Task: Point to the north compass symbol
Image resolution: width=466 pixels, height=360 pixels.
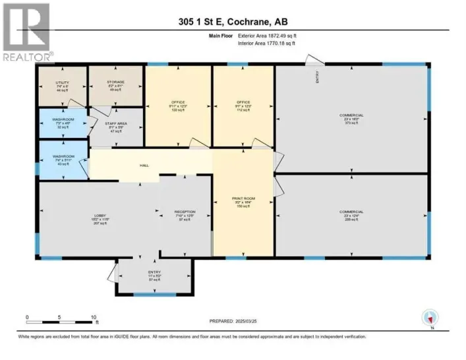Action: [x=430, y=317]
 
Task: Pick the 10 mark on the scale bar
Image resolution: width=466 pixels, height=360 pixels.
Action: [x=95, y=317]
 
